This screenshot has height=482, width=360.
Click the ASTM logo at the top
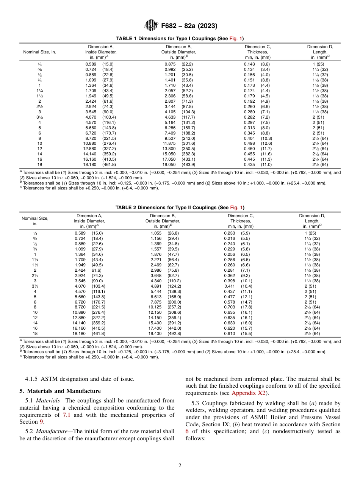(151, 26)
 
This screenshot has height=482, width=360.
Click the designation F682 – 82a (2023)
(189, 26)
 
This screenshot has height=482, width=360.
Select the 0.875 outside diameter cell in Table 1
(170, 64)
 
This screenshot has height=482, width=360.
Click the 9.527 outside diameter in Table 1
(170, 138)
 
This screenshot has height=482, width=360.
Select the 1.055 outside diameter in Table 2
(156, 233)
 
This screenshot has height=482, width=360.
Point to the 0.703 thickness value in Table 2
(230, 307)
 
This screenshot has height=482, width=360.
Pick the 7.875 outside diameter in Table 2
(156, 302)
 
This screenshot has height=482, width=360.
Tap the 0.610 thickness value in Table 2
(230, 333)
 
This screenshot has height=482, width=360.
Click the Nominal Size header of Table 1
(39, 52)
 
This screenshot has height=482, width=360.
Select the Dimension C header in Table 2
(241, 216)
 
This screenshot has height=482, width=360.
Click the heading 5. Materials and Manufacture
(60, 391)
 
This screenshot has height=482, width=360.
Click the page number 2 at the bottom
(180, 466)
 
